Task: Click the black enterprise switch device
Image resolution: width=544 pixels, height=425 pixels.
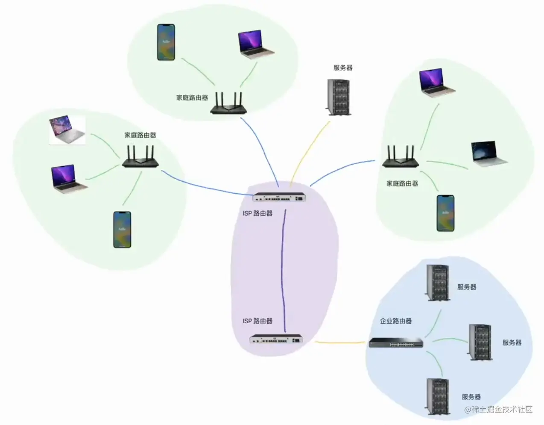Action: (396, 342)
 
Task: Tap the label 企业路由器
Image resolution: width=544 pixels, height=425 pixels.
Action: (396, 321)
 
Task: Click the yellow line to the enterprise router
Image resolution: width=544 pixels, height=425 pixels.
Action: (342, 342)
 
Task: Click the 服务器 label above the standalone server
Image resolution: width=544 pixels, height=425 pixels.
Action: (343, 68)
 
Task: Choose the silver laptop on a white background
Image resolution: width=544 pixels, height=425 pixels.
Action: (67, 130)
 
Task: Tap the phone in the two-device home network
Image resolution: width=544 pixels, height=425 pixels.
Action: (166, 42)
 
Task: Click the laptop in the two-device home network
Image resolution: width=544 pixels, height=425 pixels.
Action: (255, 45)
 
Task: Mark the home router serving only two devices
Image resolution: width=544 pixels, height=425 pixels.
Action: (229, 104)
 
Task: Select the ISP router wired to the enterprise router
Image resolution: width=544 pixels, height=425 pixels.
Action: (276, 339)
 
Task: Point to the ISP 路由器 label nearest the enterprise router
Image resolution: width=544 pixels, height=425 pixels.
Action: (257, 321)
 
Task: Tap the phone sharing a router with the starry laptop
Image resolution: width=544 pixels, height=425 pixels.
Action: (445, 213)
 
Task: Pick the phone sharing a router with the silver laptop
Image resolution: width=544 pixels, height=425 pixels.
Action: (122, 230)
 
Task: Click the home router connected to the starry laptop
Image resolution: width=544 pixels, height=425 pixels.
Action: (400, 157)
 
